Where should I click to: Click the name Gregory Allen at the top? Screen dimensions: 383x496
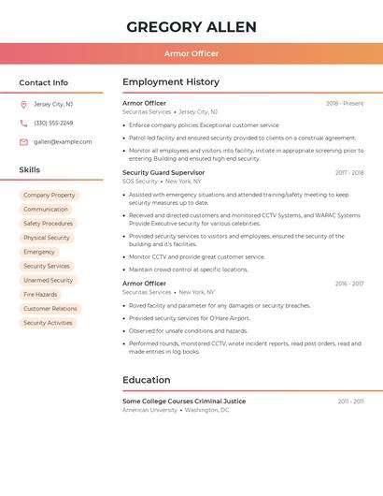[x=191, y=26]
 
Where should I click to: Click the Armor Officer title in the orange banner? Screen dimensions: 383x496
[x=191, y=53]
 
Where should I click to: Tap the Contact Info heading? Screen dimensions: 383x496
[x=43, y=82]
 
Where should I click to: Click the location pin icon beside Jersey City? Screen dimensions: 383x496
[x=23, y=104]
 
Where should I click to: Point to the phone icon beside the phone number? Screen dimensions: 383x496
[x=23, y=123]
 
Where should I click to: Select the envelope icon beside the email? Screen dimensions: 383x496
[x=23, y=141]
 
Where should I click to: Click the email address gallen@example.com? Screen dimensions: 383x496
[x=63, y=141]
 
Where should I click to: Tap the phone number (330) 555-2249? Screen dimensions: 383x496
[x=53, y=123]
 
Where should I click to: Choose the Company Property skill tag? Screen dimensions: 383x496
[x=50, y=196]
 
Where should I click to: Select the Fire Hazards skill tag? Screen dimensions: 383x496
[x=40, y=294]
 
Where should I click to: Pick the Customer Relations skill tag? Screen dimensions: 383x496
[x=50, y=309]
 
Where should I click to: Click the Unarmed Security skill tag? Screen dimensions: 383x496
[x=48, y=280]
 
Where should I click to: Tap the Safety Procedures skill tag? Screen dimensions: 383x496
[x=48, y=224]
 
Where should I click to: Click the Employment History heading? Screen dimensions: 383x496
[x=171, y=82]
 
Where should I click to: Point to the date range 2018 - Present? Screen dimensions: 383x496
[x=344, y=103]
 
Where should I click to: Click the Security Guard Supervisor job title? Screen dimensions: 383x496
[x=163, y=172]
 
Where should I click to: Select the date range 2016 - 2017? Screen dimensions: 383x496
[x=349, y=284]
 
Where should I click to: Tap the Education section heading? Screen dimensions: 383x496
[x=147, y=380]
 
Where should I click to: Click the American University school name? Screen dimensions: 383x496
[x=149, y=410]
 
